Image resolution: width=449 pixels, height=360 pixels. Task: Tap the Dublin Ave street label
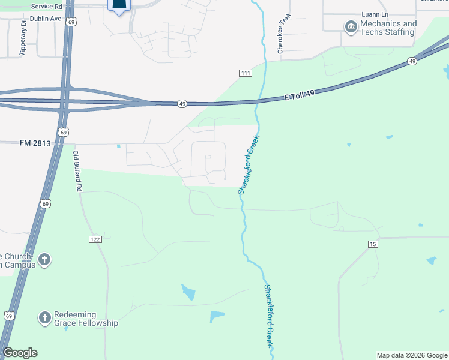[47, 19]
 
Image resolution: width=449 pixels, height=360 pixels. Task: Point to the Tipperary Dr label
[23, 39]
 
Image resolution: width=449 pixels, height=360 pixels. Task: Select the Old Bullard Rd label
[77, 170]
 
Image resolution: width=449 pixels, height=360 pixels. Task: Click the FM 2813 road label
[34, 143]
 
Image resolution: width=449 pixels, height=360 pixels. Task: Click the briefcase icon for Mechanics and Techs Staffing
[350, 27]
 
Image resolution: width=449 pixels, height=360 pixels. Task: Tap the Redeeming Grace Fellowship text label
[86, 319]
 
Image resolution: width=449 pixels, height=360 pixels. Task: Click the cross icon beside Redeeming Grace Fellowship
[45, 319]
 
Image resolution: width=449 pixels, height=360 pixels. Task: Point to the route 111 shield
[245, 73]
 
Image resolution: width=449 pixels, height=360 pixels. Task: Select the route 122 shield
[95, 239]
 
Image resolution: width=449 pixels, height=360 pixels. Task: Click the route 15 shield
[373, 244]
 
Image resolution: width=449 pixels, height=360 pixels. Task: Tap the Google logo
[20, 353]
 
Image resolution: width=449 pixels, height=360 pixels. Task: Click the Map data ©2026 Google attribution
[411, 355]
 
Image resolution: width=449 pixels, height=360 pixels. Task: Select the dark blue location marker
[119, 6]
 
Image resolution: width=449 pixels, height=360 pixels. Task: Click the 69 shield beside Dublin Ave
[71, 22]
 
